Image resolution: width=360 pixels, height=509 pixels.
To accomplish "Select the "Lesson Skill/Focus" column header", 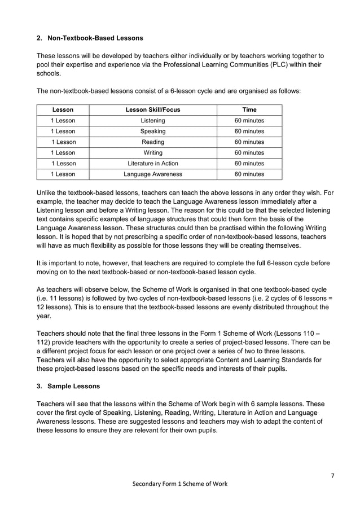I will [x=152, y=109].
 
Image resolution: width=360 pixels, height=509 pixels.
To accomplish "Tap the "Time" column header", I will [x=249, y=109].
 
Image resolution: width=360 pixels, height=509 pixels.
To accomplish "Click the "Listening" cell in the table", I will [x=152, y=121].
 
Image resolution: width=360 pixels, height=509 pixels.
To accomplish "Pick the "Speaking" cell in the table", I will [x=152, y=131].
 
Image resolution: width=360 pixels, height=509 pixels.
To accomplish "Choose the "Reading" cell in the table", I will [x=152, y=142].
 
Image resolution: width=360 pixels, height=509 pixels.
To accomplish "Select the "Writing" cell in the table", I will [x=152, y=153].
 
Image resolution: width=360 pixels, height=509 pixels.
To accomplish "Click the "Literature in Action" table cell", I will [x=152, y=164].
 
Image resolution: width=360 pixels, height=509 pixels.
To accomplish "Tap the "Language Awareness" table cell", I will [x=152, y=174].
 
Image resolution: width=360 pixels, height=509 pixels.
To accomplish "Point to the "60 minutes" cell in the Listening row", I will [x=249, y=121].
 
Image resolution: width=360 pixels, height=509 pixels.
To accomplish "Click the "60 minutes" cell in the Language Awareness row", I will [x=249, y=174].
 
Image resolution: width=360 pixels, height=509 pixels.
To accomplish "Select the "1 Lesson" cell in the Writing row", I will [x=63, y=153].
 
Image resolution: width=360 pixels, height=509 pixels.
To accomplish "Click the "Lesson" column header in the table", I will [x=63, y=109].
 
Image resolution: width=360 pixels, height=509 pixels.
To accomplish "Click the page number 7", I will [x=332, y=475].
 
